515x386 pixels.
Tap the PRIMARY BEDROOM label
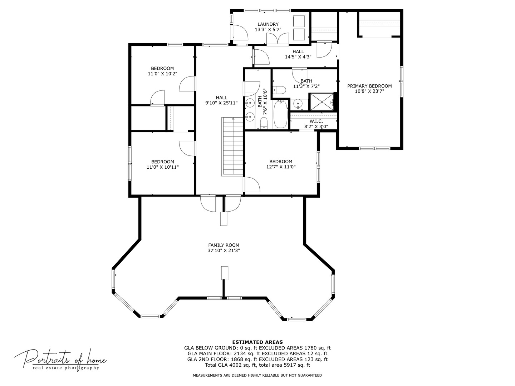tap(369, 86)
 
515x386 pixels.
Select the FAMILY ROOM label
tap(224, 245)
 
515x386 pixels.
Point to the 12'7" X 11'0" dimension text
tap(281, 167)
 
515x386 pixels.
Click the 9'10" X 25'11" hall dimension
tap(221, 103)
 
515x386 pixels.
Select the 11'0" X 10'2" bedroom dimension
tap(162, 74)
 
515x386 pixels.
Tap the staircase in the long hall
tap(233, 147)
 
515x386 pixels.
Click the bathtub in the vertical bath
tap(281, 114)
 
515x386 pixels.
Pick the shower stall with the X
tap(321, 102)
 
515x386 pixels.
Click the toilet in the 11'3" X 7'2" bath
tap(279, 89)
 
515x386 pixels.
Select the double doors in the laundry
tap(278, 39)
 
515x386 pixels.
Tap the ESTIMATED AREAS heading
tap(257, 342)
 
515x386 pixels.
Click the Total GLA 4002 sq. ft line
tap(257, 365)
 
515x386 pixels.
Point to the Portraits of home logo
tap(60, 359)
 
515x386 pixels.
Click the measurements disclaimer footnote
tap(257, 375)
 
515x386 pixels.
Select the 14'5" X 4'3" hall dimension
tap(298, 57)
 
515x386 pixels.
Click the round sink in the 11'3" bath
tap(298, 104)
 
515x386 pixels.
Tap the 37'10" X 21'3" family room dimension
tap(224, 251)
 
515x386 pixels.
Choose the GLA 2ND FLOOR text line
tap(257, 359)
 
